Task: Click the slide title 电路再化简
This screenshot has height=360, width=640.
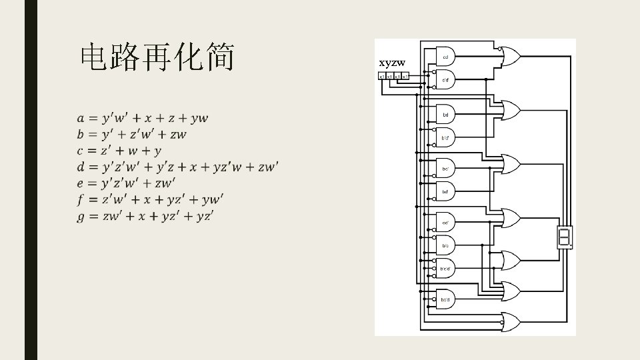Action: click(157, 59)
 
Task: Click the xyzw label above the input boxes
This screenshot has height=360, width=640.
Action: click(392, 63)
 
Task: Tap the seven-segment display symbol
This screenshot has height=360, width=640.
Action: click(564, 237)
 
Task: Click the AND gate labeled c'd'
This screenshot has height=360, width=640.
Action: click(445, 79)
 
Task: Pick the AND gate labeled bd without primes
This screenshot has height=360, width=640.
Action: click(445, 115)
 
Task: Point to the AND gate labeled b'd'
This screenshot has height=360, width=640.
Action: click(445, 137)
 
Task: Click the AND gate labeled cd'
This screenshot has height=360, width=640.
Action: click(445, 222)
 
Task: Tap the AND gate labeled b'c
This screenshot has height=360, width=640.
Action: click(445, 245)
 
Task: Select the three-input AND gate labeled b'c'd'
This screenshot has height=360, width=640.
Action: click(445, 268)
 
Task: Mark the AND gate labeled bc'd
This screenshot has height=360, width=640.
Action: click(445, 299)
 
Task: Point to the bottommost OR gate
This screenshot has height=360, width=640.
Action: click(512, 323)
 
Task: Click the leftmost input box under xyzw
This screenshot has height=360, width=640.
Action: click(382, 76)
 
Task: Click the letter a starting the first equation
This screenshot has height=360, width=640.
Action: click(81, 119)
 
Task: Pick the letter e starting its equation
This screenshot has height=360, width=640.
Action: click(81, 183)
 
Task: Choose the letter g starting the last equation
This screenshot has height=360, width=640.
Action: click(81, 216)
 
